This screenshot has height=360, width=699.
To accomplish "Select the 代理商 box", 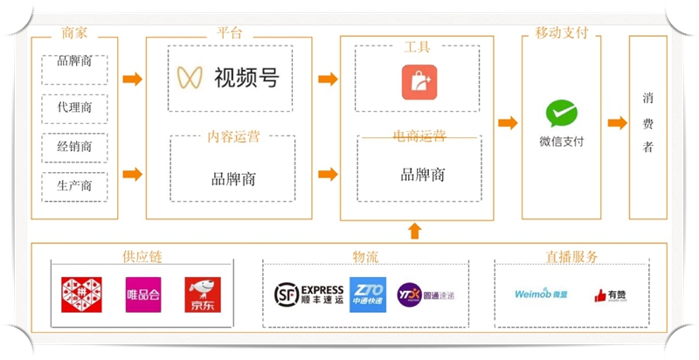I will (x=74, y=108).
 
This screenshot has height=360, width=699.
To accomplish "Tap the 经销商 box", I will (x=74, y=147).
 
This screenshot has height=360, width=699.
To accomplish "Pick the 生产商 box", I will (x=74, y=186).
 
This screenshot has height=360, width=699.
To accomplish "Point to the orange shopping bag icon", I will (x=419, y=82).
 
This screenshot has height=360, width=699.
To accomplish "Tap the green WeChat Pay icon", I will (x=561, y=114).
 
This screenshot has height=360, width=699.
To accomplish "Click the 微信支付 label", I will (x=561, y=142).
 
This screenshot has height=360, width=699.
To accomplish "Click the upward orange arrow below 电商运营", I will (x=414, y=231).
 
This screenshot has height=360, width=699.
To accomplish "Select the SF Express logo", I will (x=308, y=294).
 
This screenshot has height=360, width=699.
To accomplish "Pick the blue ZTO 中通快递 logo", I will (x=367, y=294).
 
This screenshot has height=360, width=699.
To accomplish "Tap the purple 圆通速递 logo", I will (x=426, y=294).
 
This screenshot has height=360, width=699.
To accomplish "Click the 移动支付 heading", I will (x=561, y=33).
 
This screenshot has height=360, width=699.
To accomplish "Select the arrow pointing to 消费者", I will (x=617, y=122).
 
